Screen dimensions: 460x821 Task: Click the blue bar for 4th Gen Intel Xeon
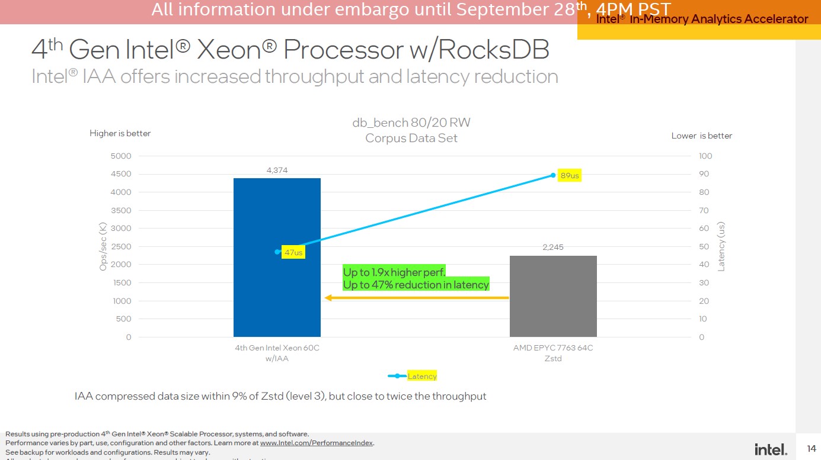pos(277,284)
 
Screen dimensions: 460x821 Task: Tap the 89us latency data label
pos(570,176)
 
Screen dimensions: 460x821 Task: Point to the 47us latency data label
pos(293,253)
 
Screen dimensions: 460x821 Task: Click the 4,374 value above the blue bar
pos(277,171)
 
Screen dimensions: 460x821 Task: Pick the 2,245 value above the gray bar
pos(553,247)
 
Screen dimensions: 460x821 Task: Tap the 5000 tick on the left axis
pos(120,156)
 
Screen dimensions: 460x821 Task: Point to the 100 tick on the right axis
pos(705,156)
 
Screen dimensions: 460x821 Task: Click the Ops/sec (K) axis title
pos(103,246)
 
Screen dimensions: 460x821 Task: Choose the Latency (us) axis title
pos(721,246)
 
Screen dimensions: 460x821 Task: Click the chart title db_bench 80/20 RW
pos(411,123)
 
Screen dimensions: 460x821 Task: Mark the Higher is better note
pos(120,133)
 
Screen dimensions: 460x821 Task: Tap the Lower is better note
pos(701,136)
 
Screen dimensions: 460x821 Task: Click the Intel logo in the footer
pos(771,449)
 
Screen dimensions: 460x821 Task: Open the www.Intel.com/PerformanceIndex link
pos(317,443)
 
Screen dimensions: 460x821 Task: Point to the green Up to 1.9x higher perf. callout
pos(394,272)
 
